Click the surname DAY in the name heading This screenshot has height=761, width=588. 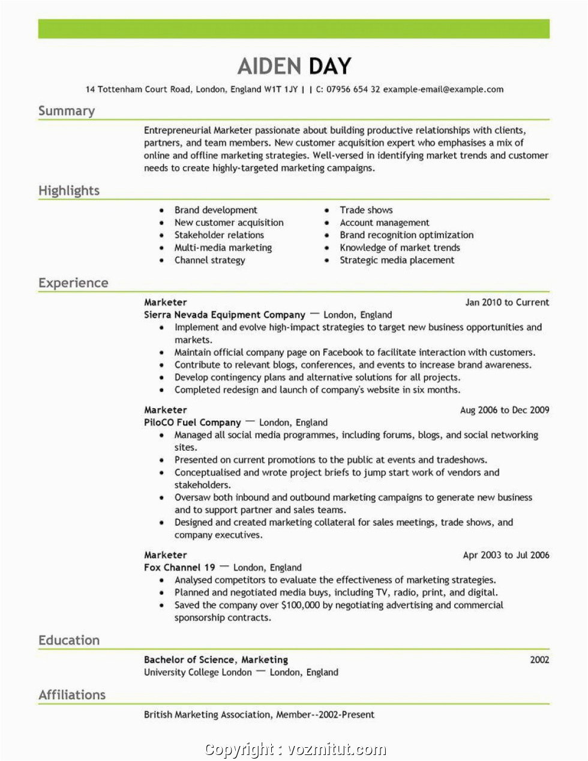(x=328, y=66)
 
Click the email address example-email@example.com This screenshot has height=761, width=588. (x=443, y=89)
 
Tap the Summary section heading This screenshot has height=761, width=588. (x=67, y=111)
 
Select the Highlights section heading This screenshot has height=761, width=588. (x=69, y=191)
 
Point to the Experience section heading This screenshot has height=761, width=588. (x=73, y=283)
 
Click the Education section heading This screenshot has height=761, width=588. (x=69, y=640)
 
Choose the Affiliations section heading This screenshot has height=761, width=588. (x=72, y=695)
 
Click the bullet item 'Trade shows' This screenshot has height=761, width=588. (x=366, y=210)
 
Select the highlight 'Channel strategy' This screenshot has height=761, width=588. (x=210, y=260)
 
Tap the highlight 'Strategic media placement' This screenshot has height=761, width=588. (x=397, y=260)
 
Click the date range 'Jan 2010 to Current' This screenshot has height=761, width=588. (x=507, y=302)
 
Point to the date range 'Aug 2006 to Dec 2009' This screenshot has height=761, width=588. (x=505, y=410)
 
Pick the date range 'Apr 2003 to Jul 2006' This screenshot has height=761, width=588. (x=506, y=555)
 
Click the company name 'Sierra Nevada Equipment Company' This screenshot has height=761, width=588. (x=225, y=315)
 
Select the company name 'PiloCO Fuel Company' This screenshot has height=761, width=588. (x=193, y=423)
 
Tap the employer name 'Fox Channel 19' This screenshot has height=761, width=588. (x=179, y=568)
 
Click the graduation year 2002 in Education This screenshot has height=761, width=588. (x=539, y=660)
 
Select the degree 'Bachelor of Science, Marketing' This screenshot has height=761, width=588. (x=216, y=660)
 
